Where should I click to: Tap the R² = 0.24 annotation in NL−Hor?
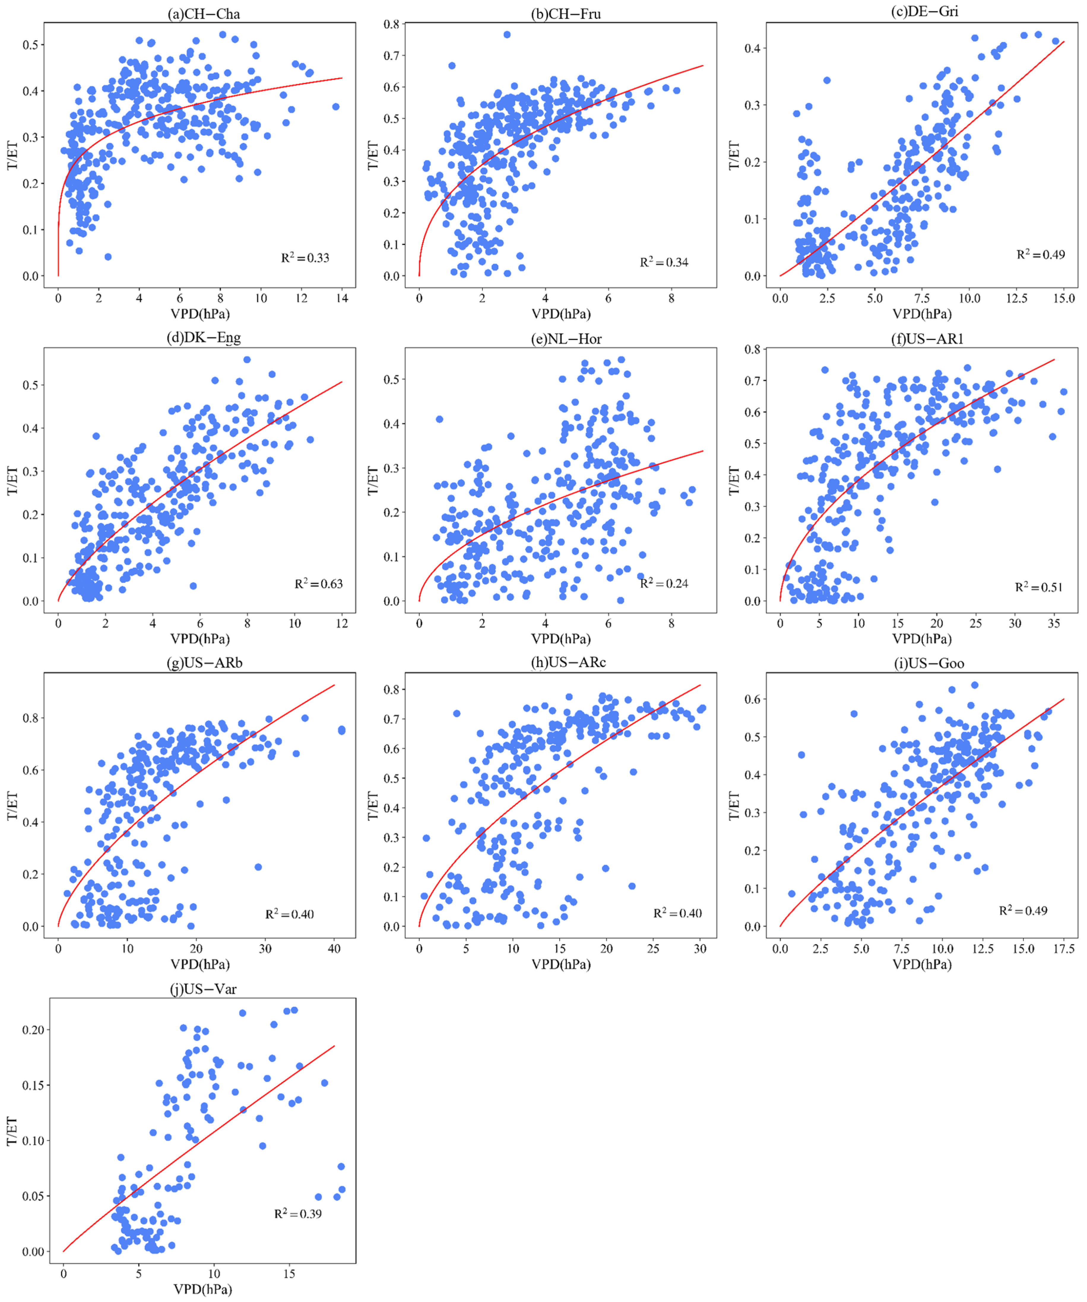[x=664, y=583]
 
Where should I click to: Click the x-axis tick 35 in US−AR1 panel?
[x=1054, y=623]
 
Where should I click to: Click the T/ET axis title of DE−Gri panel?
[x=733, y=156]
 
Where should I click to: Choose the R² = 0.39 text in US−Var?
[x=298, y=1213]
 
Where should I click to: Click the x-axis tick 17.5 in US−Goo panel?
[x=1064, y=949]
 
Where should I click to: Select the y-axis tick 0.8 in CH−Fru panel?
[x=391, y=24]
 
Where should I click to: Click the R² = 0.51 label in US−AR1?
[x=1039, y=587]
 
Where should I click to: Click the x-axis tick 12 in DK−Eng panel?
[x=342, y=623]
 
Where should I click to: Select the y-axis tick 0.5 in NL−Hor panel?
[x=391, y=379]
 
